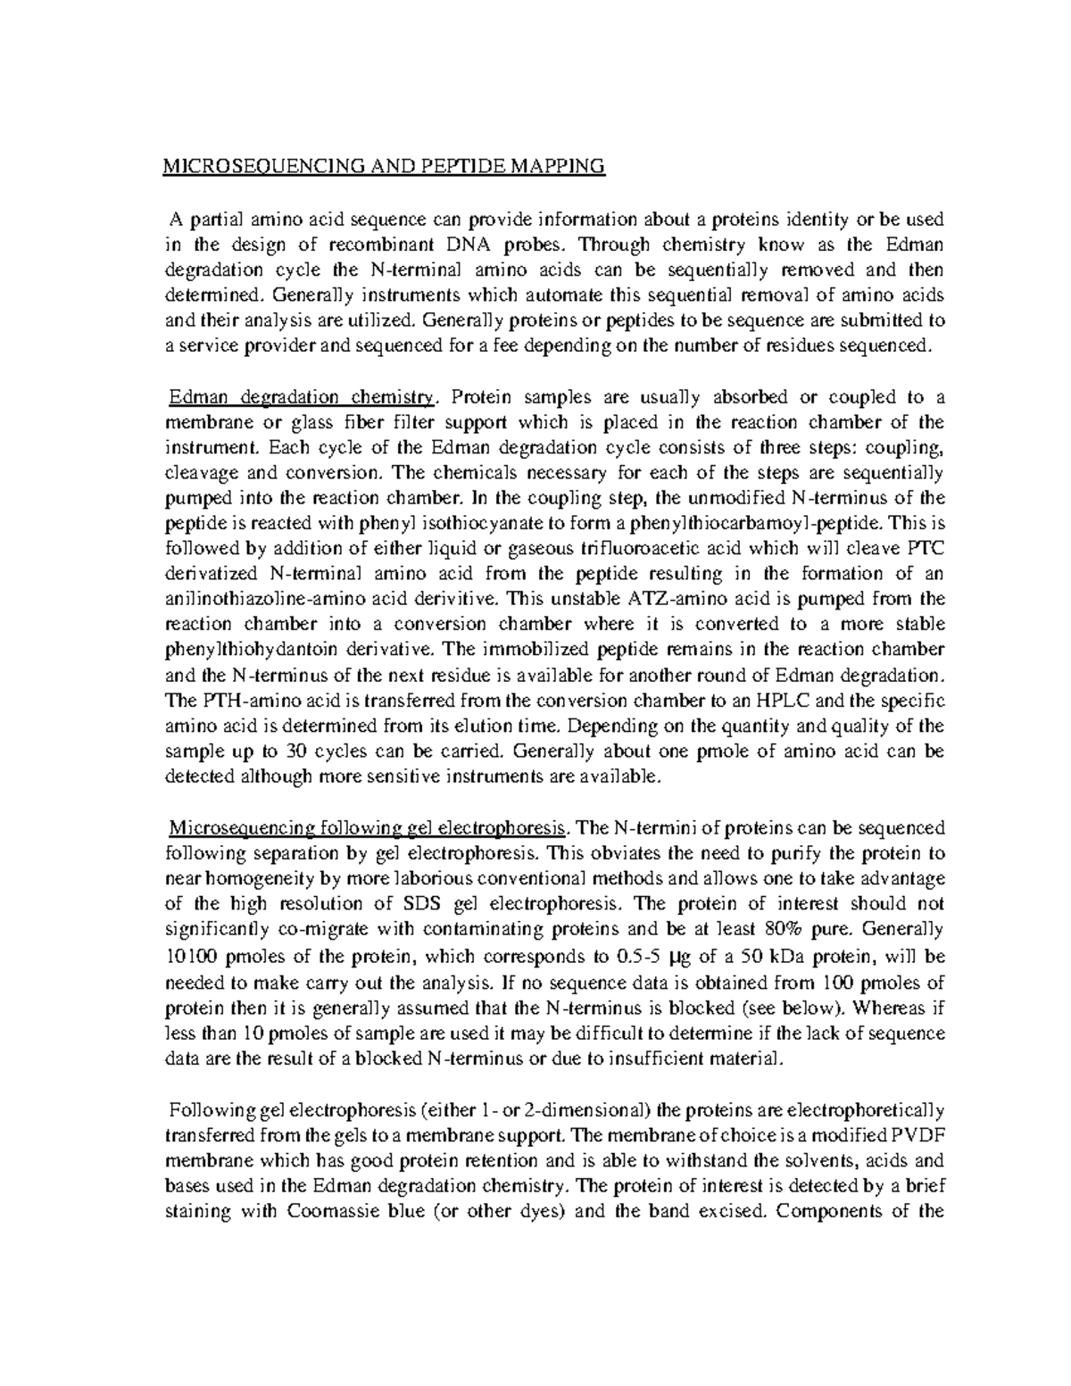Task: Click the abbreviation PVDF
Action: point(921,1135)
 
